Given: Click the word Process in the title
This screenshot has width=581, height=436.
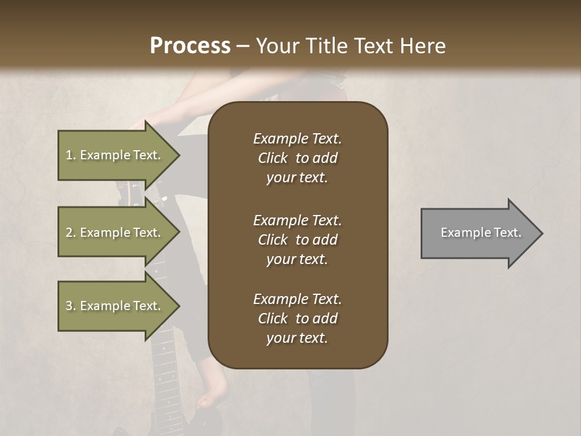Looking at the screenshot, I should click(190, 45).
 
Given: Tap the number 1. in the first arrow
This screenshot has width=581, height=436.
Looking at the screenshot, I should click(70, 155).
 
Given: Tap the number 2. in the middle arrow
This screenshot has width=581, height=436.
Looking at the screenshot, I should click(70, 233).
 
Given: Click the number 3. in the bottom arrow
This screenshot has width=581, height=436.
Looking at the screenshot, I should click(70, 306).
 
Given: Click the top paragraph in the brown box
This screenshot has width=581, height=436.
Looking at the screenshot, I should click(297, 158).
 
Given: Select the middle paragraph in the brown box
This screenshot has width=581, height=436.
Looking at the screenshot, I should click(297, 240).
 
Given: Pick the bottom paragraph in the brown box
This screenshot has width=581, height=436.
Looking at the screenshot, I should click(297, 319).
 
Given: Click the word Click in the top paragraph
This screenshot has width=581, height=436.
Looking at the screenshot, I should click(273, 158).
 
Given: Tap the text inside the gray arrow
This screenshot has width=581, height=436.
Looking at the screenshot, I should click(481, 233).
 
